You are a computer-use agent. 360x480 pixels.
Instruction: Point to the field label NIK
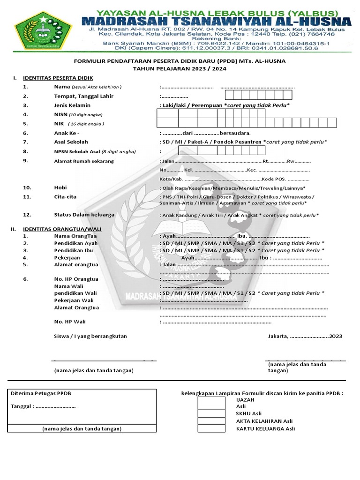coord(59,124)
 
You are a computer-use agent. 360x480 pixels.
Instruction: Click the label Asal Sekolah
coord(71,142)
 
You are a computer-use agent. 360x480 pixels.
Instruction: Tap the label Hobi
coord(60,187)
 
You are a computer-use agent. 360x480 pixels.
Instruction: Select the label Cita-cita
coord(65,197)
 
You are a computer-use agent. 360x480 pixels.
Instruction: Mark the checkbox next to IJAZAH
coord(211,400)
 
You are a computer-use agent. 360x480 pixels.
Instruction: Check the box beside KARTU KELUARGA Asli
coord(211,428)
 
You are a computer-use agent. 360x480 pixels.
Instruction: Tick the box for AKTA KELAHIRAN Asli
coord(211,421)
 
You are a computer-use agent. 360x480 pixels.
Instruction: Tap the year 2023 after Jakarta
coord(336,336)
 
